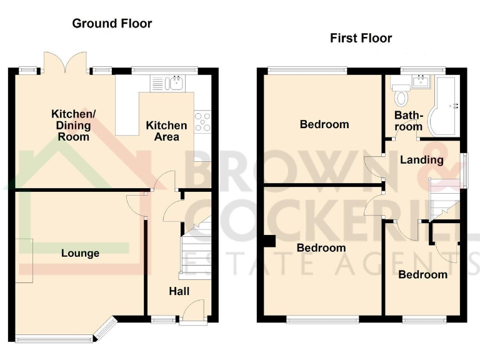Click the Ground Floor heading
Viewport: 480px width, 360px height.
112,24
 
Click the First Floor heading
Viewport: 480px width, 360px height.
361,38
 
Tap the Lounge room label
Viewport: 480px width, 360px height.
80,253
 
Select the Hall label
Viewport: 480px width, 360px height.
179,291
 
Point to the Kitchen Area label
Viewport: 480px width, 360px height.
166,131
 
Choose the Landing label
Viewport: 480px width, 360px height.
421,160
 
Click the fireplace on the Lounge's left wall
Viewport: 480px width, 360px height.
24,260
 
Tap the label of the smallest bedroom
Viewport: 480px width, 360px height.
422,274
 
